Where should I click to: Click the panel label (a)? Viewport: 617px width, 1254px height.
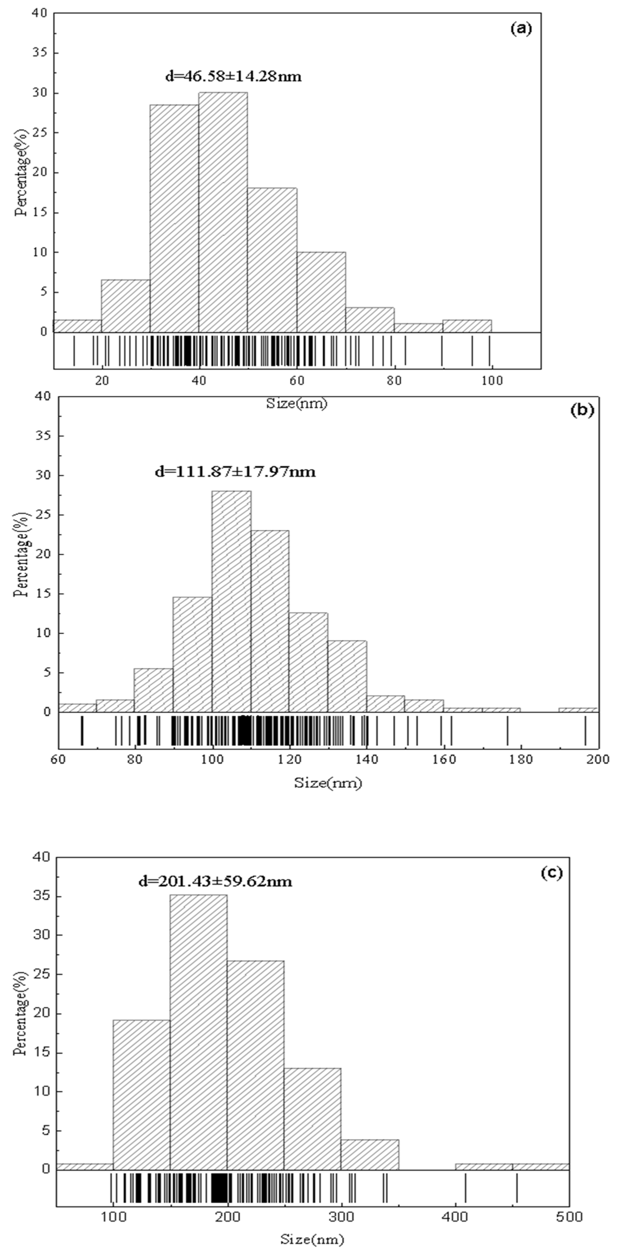[x=521, y=29]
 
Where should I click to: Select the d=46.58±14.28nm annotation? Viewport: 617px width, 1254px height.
[x=233, y=76]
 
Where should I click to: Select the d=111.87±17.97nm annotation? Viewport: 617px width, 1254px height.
[x=235, y=471]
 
